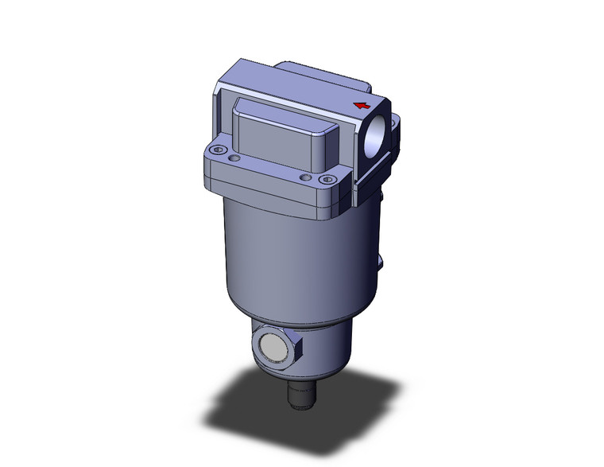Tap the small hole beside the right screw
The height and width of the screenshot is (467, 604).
tap(304, 177)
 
